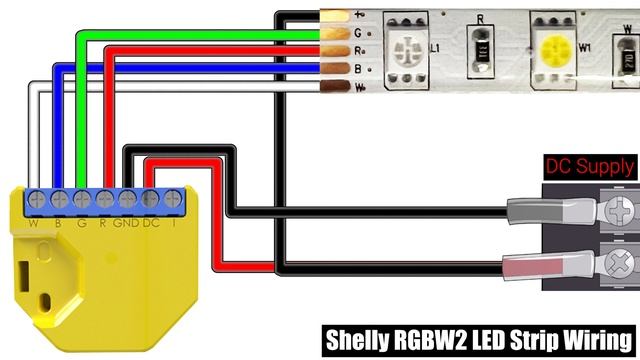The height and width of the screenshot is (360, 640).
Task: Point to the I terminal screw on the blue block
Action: (173, 197)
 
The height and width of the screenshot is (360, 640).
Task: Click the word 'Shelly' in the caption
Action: (358, 339)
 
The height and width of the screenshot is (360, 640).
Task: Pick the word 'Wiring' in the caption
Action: (595, 339)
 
